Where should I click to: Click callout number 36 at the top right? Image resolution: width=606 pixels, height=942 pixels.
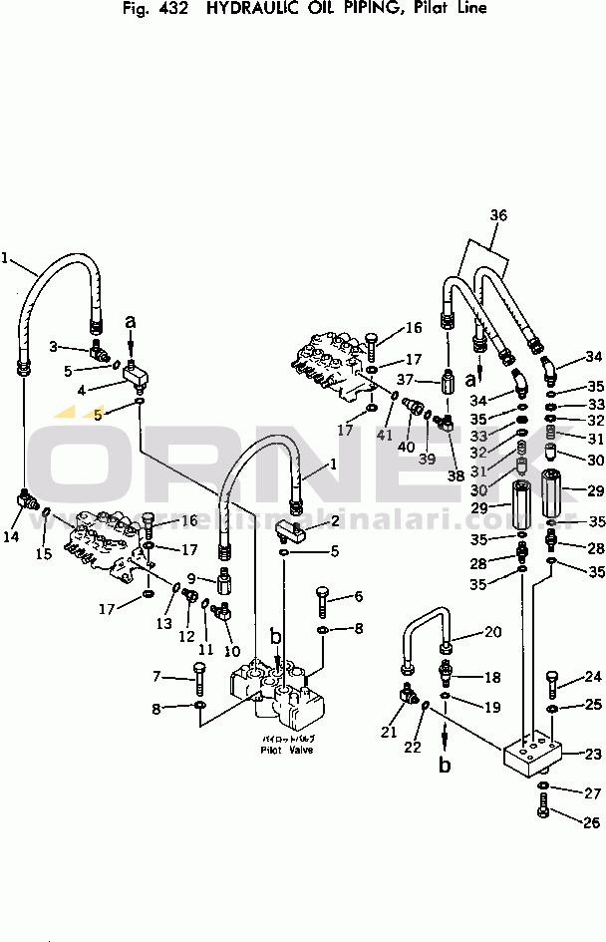tap(499, 214)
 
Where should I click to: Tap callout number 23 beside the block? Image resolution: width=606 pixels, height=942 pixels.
tap(593, 755)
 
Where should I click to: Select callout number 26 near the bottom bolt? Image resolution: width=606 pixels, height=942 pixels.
tap(592, 822)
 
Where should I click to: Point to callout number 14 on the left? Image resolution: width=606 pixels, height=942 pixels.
tap(11, 537)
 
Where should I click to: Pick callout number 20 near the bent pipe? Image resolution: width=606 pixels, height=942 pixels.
tap(493, 632)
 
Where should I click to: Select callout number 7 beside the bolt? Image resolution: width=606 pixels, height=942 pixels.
tap(155, 678)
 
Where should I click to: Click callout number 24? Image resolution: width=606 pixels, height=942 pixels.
tap(593, 677)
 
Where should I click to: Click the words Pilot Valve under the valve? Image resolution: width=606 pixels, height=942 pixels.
tap(286, 750)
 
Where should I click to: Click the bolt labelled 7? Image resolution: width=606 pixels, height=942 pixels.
tap(198, 684)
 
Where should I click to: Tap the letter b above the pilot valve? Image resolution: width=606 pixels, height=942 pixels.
tap(276, 635)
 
